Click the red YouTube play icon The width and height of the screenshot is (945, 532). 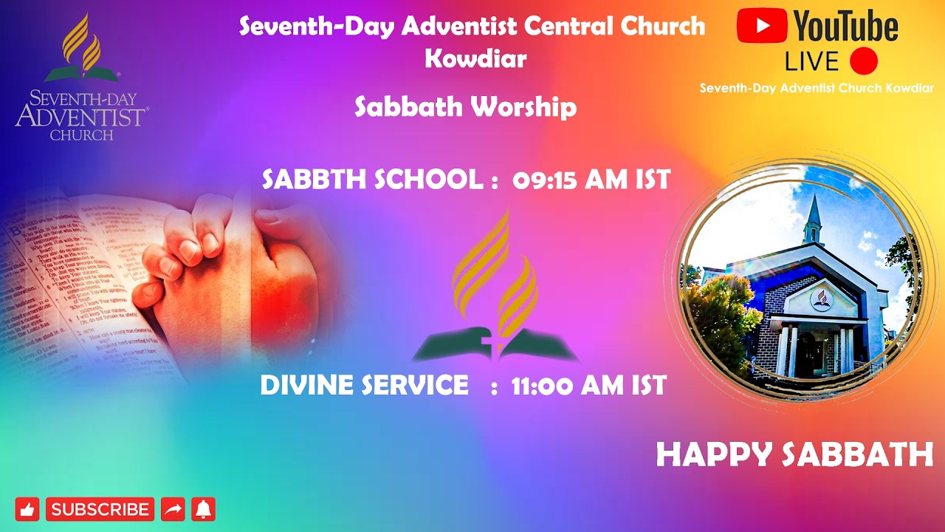763,27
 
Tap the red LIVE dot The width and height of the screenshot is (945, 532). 863,61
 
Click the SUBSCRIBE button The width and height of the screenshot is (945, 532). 100,509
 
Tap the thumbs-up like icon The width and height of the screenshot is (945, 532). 27,509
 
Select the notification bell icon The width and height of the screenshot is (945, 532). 203,509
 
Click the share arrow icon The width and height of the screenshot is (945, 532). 173,509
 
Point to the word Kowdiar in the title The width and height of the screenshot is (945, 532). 475,58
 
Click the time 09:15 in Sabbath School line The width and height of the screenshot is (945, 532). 545,180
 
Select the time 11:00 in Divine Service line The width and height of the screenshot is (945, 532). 543,385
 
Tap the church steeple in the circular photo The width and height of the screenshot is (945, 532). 813,217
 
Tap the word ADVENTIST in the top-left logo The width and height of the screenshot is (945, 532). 81,117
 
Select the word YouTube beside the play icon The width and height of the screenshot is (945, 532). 846,27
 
